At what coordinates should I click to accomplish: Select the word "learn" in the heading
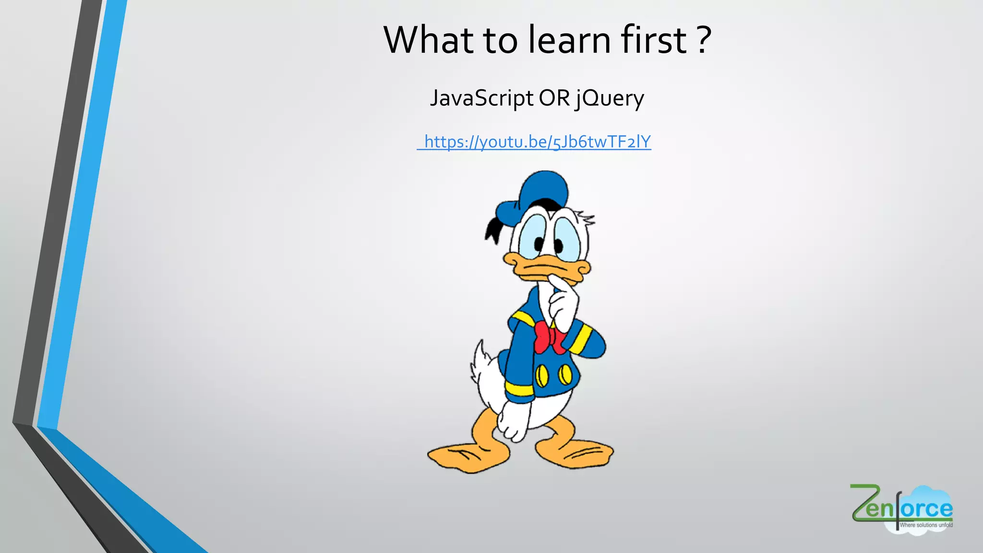[569, 39]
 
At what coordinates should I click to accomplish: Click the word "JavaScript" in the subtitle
[481, 98]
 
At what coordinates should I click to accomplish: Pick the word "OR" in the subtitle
[554, 98]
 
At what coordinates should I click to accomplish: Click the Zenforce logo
[901, 509]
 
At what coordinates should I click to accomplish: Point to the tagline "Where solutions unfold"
[926, 525]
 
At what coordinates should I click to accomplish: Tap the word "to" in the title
[501, 39]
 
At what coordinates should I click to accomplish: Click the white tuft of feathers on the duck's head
[586, 218]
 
